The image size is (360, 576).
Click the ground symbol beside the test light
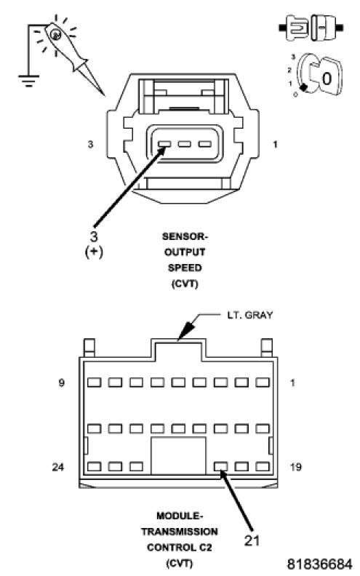28,81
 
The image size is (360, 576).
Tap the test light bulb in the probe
55,34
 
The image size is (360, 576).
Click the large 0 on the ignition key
327,79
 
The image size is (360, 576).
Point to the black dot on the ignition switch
303,87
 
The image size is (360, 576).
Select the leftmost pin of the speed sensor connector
164,144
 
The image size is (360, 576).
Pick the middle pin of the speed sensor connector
185,144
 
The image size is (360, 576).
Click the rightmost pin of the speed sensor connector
204,144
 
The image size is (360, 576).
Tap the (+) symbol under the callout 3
94,252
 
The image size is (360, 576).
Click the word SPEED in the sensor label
185,268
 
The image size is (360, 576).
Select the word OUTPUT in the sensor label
185,252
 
